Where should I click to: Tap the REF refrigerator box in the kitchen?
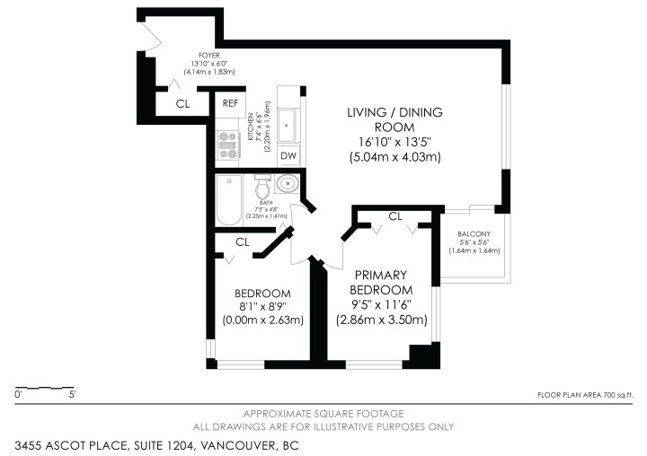[x=231, y=104]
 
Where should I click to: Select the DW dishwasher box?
[x=288, y=156]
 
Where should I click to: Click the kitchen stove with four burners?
[x=227, y=143]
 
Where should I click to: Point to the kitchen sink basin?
[x=288, y=125]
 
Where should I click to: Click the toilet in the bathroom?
[x=262, y=189]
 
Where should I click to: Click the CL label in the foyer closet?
[x=183, y=104]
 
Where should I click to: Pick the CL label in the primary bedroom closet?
[x=395, y=216]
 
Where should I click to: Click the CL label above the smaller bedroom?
[x=242, y=242]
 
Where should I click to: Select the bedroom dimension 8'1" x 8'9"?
[x=262, y=307]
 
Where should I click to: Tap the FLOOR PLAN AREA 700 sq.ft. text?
[x=585, y=395]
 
